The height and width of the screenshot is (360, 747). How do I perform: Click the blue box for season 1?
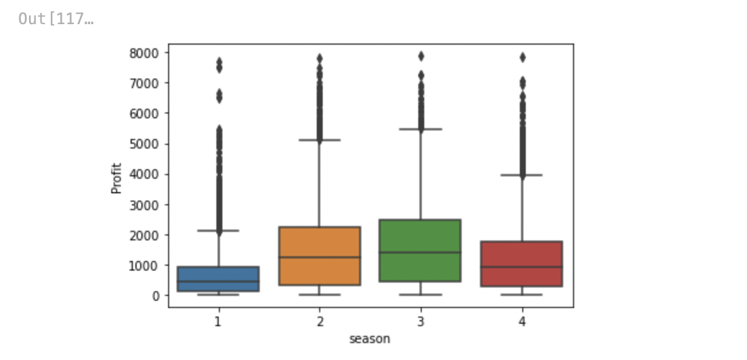coord(218,278)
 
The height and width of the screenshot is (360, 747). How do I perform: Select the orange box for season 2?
coord(320,256)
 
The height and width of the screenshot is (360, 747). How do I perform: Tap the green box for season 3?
coord(421,250)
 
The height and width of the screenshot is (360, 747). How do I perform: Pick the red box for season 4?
coord(522,263)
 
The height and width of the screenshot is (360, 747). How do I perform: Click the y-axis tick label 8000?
coord(144,53)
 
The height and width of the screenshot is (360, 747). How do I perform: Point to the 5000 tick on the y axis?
coord(144,144)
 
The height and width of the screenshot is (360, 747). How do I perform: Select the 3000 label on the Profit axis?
coord(144,205)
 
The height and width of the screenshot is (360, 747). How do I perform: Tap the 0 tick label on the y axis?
coord(156,296)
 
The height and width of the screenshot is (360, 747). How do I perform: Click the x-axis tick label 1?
coord(218,322)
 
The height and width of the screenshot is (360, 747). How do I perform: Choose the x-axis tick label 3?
coord(421,322)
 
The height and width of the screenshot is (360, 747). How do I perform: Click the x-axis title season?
coord(370,339)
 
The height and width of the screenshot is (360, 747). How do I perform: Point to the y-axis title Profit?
coord(117,178)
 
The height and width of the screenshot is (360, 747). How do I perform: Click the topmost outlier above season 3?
coord(421,56)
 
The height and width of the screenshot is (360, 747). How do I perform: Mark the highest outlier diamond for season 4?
coord(522,57)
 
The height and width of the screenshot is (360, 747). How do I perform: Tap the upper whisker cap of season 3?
coord(421,129)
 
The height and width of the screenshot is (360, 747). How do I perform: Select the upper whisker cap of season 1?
coord(218,231)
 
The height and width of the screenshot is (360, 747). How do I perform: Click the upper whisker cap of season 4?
coord(522,175)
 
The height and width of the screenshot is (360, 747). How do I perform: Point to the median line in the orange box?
coord(320,257)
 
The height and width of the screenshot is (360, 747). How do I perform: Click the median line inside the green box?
coord(421,252)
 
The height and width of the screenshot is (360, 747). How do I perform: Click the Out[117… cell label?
coord(56,19)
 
